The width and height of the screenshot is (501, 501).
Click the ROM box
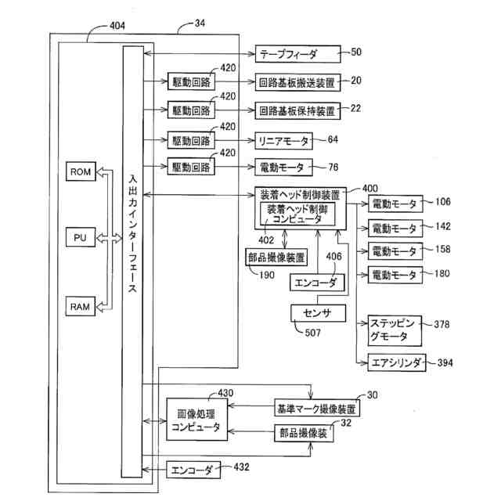(81, 171)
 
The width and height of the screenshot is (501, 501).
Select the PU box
(81, 237)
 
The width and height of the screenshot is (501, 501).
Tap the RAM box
(81, 306)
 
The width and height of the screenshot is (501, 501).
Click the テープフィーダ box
(297, 54)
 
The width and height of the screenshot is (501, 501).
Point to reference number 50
(356, 52)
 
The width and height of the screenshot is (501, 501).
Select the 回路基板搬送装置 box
(297, 82)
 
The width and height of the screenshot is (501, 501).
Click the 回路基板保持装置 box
(297, 111)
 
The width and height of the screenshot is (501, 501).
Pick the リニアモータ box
(283, 141)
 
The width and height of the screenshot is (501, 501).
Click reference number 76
(333, 167)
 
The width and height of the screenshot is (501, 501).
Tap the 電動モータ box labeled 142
(395, 228)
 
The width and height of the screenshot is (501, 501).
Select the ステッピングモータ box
(395, 330)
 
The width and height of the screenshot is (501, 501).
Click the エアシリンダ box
(397, 362)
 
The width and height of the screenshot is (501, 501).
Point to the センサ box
(319, 313)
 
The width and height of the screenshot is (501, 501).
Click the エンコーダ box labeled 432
(193, 470)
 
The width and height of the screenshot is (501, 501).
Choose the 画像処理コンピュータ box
(196, 420)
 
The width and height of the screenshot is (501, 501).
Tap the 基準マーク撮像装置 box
(317, 408)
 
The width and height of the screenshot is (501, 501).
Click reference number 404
(117, 26)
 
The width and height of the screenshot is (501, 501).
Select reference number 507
(312, 333)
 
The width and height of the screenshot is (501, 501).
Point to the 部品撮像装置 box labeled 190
(276, 257)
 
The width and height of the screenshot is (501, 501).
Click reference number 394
(445, 362)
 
